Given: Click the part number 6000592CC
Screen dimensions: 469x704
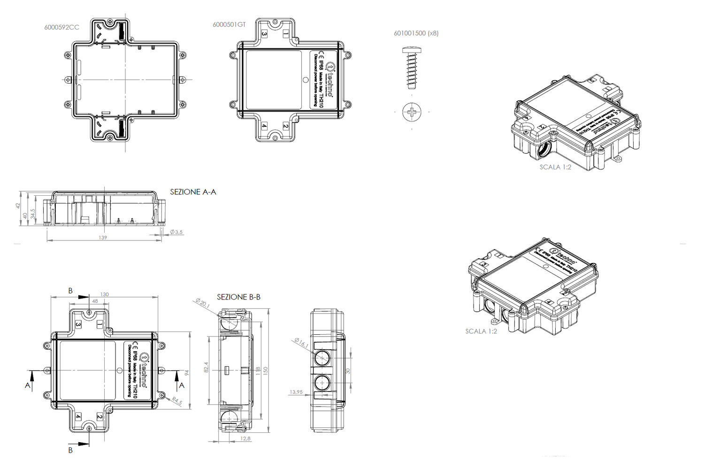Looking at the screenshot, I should pos(61,27).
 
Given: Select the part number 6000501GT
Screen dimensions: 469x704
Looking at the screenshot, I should pos(229,25).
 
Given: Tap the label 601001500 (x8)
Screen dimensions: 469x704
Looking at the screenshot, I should pos(416,33).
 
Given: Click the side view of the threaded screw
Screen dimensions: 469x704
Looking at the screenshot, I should pos(412,68).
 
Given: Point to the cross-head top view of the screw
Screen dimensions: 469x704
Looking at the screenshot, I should pos(412,112).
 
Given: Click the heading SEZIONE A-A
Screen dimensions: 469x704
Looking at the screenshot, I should pos(193,192).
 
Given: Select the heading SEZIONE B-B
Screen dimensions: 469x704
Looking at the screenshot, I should pos(238,297).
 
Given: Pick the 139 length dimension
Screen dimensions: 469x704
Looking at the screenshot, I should pos(103,238).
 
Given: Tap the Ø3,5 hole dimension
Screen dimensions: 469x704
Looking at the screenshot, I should pos(176,232).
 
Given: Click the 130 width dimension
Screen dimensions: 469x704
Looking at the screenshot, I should pos(104,294).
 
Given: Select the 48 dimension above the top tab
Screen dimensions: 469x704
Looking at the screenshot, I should pos(95,301).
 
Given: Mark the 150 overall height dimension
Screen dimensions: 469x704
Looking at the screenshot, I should pos(265,370).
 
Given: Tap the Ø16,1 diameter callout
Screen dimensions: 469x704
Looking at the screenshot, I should pos(301,343).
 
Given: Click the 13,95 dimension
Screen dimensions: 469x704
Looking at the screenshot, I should pos(296,392).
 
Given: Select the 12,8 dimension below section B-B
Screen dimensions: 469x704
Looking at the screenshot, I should pos(245,438).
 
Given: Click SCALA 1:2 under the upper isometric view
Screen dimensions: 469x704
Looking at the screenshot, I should pos(555,167).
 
